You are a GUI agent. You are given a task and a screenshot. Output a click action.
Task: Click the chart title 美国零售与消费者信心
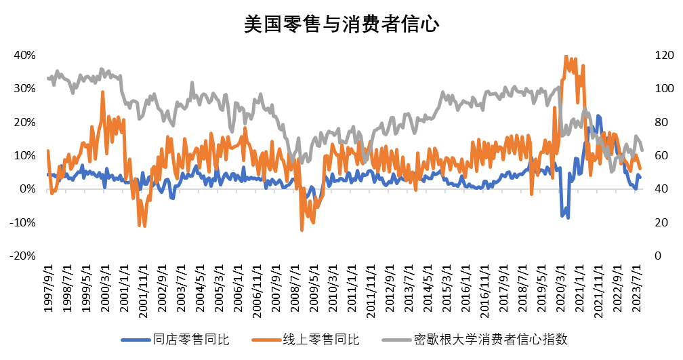[x=341, y=24]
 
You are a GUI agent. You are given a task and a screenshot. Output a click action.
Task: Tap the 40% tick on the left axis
[x=24, y=56]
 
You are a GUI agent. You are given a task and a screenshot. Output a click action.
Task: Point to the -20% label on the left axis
[x=22, y=256]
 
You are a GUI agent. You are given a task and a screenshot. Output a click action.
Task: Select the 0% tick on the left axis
[x=28, y=189]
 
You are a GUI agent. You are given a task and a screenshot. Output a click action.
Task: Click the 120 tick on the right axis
[x=664, y=56]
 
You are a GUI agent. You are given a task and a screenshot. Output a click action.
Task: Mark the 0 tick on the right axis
[x=658, y=256]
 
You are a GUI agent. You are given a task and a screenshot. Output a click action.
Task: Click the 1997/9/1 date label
[x=48, y=288]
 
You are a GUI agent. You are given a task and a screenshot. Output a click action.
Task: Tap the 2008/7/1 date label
[x=295, y=288]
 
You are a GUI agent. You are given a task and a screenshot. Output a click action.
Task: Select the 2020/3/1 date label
[x=560, y=288]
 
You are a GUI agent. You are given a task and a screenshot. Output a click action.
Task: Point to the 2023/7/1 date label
[x=637, y=288]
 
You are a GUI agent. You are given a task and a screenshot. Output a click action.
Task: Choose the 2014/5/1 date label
[x=428, y=288]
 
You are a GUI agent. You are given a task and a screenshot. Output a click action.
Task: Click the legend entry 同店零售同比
[x=175, y=339]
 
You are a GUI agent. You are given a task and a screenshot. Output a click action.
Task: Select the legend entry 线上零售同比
[x=306, y=339]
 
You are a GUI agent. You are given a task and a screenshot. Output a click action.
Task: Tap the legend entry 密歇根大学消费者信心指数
[x=475, y=339]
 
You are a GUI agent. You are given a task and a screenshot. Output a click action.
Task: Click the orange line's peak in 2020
[x=566, y=56]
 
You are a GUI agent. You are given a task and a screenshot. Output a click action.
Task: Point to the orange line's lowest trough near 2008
[x=302, y=230]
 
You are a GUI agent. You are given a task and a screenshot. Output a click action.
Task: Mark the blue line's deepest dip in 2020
[x=568, y=218]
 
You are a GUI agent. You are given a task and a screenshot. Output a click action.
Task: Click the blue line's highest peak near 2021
[x=598, y=116]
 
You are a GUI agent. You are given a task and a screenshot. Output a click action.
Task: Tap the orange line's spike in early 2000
[x=103, y=92]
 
